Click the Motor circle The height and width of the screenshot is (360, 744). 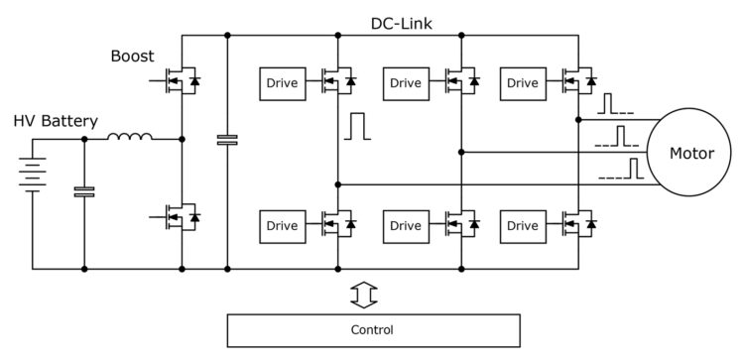[691, 153]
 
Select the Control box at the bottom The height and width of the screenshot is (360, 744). [373, 330]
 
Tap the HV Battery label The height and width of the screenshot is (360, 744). [56, 121]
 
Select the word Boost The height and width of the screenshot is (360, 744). [132, 56]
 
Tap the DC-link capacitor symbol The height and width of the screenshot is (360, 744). [227, 141]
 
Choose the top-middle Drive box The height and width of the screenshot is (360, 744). [405, 83]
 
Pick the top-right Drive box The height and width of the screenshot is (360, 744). [523, 83]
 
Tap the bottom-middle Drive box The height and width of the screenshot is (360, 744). [405, 225]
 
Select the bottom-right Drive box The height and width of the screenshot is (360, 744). [523, 225]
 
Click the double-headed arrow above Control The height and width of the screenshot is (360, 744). [366, 294]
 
